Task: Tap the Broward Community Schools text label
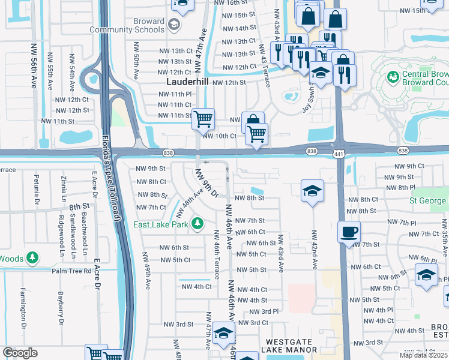[x=127, y=25]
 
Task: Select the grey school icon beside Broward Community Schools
[x=174, y=24]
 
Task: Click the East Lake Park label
[x=161, y=225]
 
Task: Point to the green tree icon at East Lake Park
[x=197, y=224]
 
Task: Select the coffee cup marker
[x=349, y=232]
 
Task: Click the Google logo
[x=20, y=353]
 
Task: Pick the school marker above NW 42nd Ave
[x=312, y=191]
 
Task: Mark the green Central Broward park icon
[x=393, y=77]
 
